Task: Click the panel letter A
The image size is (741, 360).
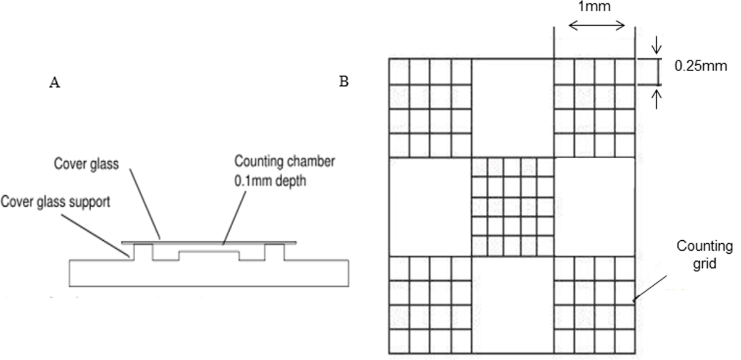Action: point(54,84)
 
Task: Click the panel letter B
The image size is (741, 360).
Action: point(344,82)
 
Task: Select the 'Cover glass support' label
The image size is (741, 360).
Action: point(56,202)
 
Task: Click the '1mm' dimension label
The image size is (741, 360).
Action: point(597,8)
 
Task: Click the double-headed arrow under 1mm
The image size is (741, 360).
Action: point(597,26)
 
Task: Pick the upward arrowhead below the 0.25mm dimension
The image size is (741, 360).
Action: point(658,93)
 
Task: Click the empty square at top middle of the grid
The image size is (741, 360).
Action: point(513,107)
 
